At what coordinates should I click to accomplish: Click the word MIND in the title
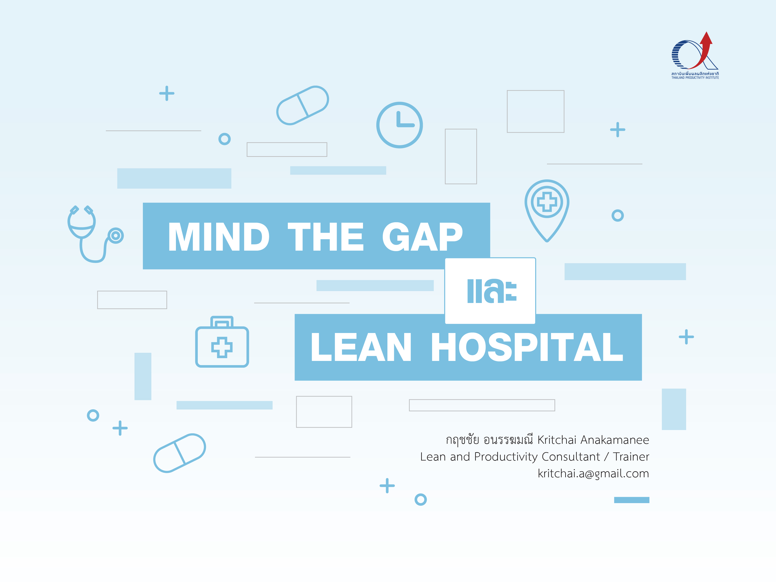219,237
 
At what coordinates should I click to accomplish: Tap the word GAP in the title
422,237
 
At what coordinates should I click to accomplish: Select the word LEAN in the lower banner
361,347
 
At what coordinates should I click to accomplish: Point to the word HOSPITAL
527,347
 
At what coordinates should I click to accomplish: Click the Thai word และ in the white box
492,291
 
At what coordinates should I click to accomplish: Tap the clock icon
400,125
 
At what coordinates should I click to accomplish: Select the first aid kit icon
222,342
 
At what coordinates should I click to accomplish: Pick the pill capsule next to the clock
302,105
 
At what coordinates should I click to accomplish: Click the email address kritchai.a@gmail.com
593,474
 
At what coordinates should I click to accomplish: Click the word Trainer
631,457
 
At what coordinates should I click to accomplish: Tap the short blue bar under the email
632,500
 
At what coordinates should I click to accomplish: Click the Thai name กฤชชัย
462,440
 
